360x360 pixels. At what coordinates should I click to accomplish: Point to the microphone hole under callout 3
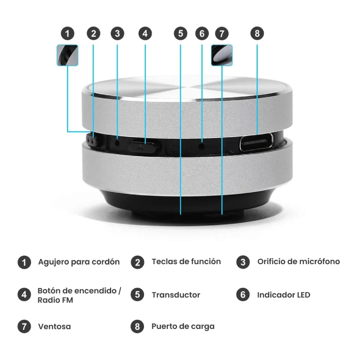click(x=117, y=143)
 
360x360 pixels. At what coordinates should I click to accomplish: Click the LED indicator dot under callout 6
click(x=202, y=144)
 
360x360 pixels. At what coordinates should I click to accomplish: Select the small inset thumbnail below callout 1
click(x=67, y=55)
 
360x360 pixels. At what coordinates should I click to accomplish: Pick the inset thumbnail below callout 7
click(x=222, y=55)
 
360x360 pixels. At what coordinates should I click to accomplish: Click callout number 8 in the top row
click(x=257, y=33)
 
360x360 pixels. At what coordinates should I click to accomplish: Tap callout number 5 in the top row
click(x=180, y=33)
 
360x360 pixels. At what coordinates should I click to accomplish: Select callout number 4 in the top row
click(x=145, y=33)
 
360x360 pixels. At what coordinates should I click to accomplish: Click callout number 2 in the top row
click(x=93, y=33)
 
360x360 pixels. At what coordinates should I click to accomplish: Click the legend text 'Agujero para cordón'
click(x=79, y=262)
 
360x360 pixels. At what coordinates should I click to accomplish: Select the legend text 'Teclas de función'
click(x=186, y=261)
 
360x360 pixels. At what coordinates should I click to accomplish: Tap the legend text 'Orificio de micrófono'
click(x=298, y=261)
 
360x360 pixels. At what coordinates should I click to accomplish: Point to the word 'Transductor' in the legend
click(x=175, y=295)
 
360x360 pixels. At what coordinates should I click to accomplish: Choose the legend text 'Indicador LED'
click(x=283, y=295)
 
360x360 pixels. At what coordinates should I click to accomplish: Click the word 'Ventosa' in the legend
click(x=54, y=326)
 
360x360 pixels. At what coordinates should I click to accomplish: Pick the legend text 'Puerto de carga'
click(x=183, y=326)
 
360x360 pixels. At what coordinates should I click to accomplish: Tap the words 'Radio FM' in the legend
click(x=55, y=300)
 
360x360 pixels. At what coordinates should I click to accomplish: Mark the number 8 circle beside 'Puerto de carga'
click(x=137, y=326)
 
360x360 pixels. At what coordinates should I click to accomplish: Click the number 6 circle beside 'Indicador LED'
click(x=243, y=295)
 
